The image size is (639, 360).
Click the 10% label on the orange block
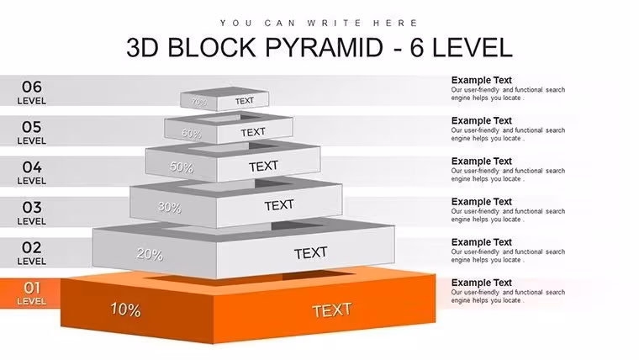coord(125,310)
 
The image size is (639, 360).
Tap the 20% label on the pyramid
coord(150,254)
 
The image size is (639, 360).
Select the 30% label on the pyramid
coord(170,208)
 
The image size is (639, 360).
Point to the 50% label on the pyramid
coord(182,167)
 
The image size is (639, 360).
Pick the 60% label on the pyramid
coord(192,134)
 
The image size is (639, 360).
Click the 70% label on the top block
coord(199,102)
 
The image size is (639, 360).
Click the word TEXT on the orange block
coord(332,310)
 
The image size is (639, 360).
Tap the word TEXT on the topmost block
coord(245,101)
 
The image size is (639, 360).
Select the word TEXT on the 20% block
coord(310,253)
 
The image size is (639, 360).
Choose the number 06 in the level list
coord(32,87)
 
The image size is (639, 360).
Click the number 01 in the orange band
coord(32,288)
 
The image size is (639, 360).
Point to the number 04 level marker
coord(32,167)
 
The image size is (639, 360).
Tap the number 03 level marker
coord(32,207)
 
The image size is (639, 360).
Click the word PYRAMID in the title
coord(325,47)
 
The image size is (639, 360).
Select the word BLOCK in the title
coord(212,47)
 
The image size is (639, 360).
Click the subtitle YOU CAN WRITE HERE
coord(319,24)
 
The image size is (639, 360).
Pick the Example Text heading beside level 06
coord(481,80)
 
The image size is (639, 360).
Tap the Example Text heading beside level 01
coord(481,283)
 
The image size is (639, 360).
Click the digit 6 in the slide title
coord(417,47)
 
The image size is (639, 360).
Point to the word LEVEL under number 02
coord(31,262)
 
